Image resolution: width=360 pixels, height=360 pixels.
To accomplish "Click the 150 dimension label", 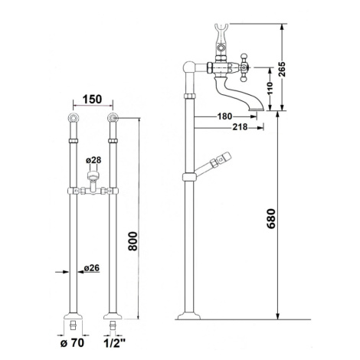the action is point(92,100).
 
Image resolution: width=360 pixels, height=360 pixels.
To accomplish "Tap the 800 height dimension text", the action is point(133,241).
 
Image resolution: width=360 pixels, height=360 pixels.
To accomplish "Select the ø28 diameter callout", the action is point(93,160).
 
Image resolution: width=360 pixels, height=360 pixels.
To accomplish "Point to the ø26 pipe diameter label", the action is point(91,268).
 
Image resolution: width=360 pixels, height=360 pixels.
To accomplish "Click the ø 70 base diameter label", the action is point(72,343).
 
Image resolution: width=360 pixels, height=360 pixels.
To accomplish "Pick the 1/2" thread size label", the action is point(114,343).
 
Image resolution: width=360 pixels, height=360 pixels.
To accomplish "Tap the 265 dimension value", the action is point(282,69).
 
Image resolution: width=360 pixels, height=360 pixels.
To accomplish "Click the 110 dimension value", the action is point(270,88).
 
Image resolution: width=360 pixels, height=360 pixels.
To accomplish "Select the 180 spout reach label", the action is point(224,116).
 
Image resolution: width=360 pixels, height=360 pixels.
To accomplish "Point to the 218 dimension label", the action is point(240,127).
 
